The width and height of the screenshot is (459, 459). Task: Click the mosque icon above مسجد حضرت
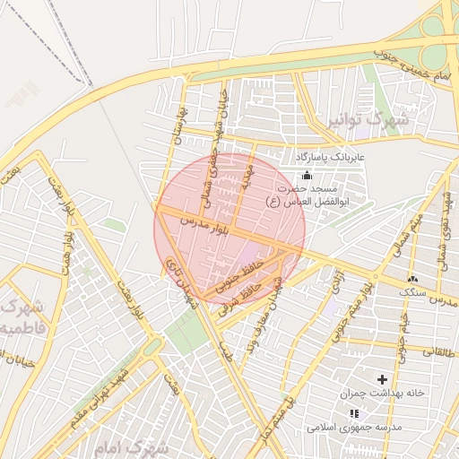[x=307, y=174]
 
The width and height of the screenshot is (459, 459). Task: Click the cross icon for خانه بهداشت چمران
[x=383, y=380]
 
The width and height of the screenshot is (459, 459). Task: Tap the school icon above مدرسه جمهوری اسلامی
[x=353, y=413]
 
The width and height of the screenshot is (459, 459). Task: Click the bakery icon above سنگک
[x=412, y=279]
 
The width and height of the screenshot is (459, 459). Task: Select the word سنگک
[x=413, y=292]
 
